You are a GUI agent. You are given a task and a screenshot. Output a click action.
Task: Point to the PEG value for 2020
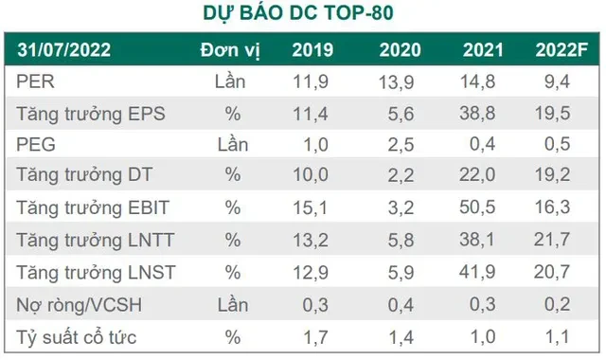tap(399, 144)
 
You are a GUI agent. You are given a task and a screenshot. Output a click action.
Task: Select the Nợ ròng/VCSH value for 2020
tap(399, 304)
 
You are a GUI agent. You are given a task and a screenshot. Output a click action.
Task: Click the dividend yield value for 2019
tap(315, 335)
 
